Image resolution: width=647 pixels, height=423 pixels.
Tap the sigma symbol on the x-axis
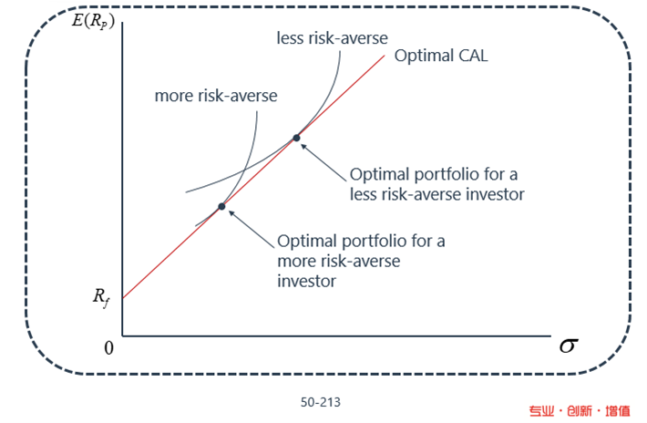(569, 346)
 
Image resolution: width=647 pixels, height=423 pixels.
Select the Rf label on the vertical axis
(101, 298)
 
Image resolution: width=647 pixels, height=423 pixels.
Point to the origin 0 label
(108, 348)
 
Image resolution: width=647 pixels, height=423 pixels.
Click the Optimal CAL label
(441, 56)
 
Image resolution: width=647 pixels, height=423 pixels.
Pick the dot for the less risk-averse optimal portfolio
(296, 138)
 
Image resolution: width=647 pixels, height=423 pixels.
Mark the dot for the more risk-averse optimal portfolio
(221, 206)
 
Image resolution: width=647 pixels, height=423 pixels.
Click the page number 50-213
(321, 402)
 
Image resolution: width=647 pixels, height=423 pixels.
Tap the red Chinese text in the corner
(580, 411)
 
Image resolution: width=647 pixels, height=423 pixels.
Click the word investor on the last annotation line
(306, 282)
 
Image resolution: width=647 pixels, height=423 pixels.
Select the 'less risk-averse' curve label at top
(333, 38)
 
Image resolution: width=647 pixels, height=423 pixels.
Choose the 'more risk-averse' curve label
(216, 96)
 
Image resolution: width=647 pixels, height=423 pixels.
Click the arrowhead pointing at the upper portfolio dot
(303, 146)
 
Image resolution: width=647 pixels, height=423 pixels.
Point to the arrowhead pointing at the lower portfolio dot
(231, 213)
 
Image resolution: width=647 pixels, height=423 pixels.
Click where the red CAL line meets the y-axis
(122, 298)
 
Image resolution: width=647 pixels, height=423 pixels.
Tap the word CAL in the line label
(473, 56)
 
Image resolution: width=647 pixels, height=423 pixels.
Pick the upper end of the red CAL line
(385, 56)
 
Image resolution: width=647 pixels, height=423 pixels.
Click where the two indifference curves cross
(245, 170)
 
